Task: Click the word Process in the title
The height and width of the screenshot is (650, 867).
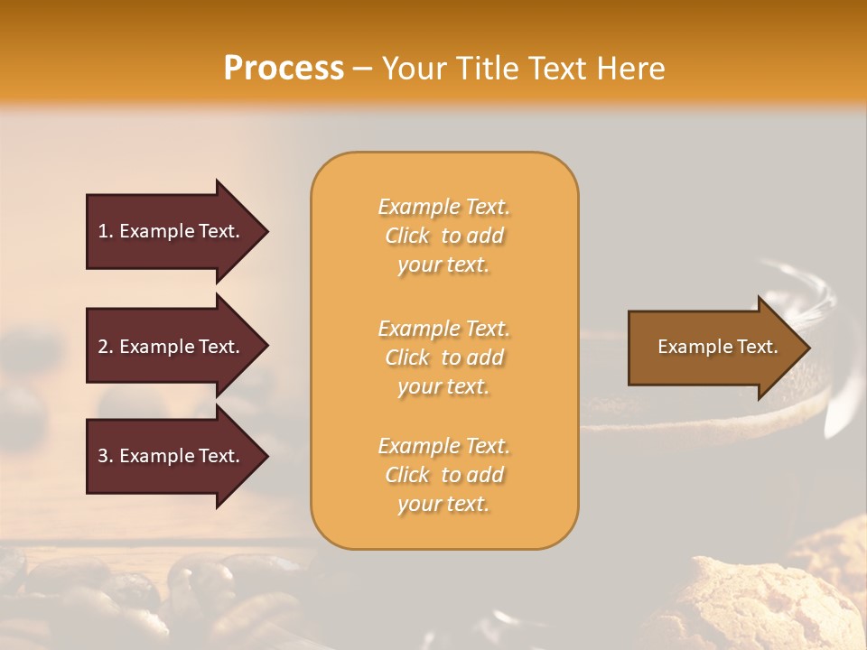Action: coord(284,69)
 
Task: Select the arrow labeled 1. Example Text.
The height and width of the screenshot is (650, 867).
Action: coord(168,231)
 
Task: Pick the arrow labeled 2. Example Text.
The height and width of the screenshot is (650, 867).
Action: coord(168,347)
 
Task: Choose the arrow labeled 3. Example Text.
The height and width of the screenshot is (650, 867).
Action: coord(168,456)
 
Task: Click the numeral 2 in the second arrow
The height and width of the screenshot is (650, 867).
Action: coord(103,347)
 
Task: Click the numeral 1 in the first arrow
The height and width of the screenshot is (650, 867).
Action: coord(103,231)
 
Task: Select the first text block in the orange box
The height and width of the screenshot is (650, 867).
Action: coord(443,236)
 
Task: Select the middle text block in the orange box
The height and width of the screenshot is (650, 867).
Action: coord(443,357)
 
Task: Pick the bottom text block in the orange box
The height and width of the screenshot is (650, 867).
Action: coord(443,475)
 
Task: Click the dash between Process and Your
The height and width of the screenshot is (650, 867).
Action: coord(363,70)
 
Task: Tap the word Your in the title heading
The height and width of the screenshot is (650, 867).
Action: coord(411,69)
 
